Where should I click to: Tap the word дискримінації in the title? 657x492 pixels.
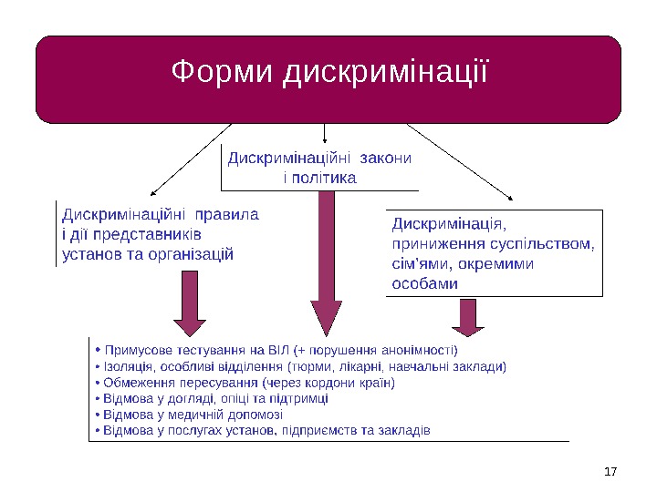386,72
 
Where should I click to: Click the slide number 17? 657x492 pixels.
611,471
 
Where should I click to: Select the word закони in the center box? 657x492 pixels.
386,158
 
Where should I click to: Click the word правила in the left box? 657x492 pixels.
227,216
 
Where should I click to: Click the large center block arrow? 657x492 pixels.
325,264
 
